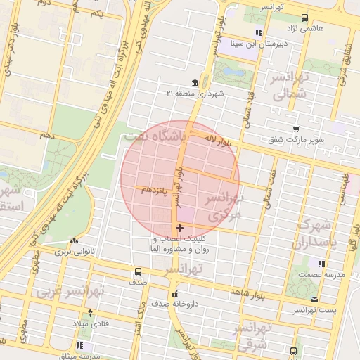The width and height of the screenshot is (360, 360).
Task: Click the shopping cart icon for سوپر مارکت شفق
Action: (x=296, y=129)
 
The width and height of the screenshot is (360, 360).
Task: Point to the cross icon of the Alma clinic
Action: (x=180, y=228)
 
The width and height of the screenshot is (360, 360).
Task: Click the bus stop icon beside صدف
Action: (x=138, y=271)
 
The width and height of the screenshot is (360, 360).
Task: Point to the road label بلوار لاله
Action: (x=215, y=141)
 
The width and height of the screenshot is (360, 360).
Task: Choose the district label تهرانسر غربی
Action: (x=71, y=290)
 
